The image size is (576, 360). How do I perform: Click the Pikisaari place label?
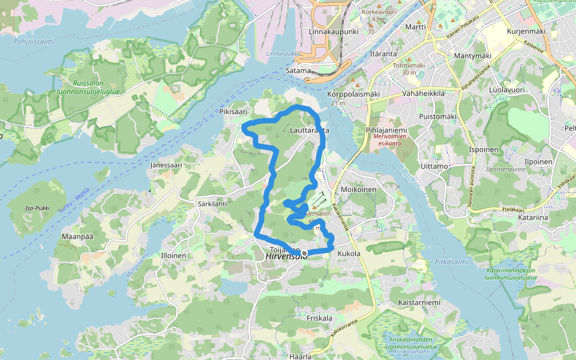[233, 112]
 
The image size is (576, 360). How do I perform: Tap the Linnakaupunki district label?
[333, 31]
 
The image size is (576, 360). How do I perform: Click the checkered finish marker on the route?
[304, 254]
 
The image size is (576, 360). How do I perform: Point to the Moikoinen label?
[358, 190]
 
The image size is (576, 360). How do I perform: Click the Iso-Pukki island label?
[37, 209]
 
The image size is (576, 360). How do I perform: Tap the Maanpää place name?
[77, 236]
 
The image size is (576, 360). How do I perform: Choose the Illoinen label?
[174, 256]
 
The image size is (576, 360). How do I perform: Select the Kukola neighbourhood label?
[349, 254]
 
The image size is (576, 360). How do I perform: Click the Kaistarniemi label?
[419, 302]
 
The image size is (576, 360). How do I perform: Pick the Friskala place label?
[318, 317]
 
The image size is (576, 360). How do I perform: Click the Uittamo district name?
[435, 166]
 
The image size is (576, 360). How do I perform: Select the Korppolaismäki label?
[354, 94]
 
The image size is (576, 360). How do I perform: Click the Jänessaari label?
[166, 164]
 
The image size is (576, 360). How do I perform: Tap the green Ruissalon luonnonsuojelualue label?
[95, 88]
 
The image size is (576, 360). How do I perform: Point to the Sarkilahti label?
[212, 203]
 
